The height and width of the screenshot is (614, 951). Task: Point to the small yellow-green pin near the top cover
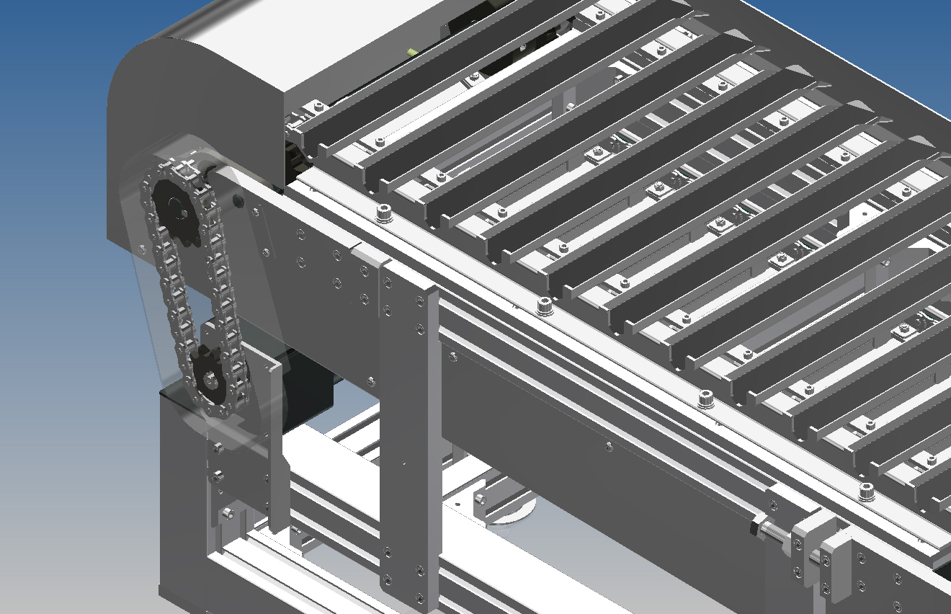coord(412,52)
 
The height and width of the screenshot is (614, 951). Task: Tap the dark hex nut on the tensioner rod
coord(755,526)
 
